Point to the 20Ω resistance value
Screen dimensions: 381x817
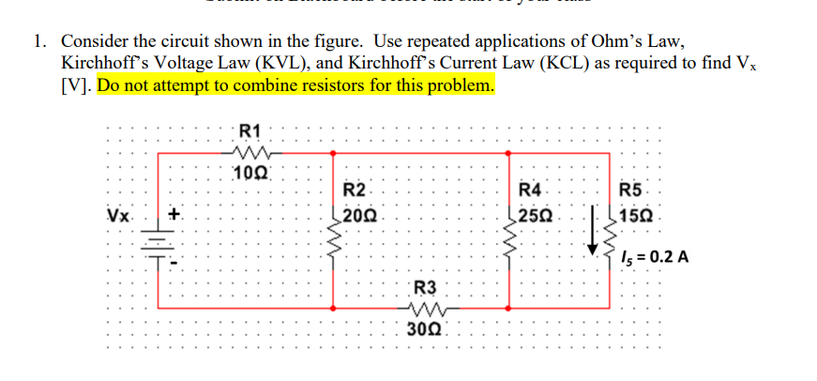point(358,215)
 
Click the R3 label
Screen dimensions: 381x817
point(424,287)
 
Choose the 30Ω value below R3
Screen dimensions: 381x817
point(425,328)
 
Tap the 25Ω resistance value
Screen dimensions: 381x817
point(534,215)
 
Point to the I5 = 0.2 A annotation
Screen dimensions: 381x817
point(657,257)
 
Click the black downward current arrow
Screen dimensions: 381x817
point(593,235)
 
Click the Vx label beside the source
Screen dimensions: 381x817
point(119,216)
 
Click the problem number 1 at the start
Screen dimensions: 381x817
point(38,42)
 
